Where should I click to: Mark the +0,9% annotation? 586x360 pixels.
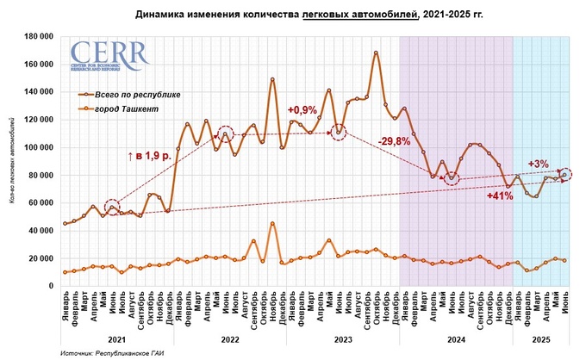(x=302, y=110)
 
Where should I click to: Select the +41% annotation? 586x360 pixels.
(x=500, y=196)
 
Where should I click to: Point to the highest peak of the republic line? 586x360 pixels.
(x=376, y=53)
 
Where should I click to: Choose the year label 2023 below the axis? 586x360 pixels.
(x=342, y=339)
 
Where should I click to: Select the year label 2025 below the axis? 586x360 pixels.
(x=540, y=339)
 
